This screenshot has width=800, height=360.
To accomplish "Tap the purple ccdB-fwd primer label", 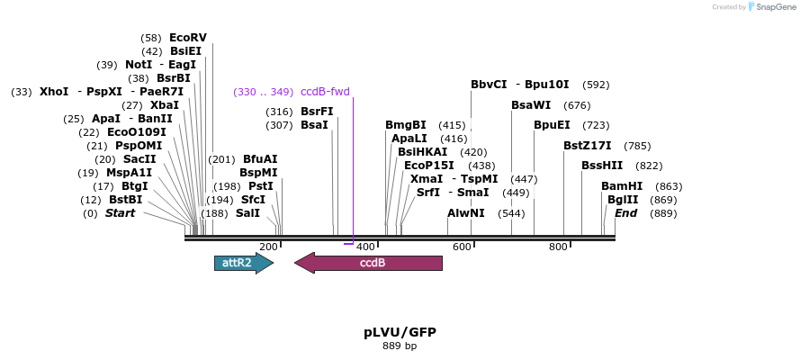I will [x=325, y=92].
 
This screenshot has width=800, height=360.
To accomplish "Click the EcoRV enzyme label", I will [x=187, y=38].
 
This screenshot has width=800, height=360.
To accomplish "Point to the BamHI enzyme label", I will [x=622, y=186].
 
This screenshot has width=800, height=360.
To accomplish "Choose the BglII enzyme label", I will [x=623, y=200].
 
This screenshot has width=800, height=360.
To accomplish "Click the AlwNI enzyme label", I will [x=466, y=213].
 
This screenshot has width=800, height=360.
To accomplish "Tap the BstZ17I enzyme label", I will [x=588, y=146].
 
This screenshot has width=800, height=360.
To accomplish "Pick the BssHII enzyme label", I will [x=602, y=166].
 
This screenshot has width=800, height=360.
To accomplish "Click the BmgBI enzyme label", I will [x=406, y=125].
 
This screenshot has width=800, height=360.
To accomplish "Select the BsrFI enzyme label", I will [x=317, y=112].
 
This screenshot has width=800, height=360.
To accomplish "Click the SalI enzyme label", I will [x=247, y=213].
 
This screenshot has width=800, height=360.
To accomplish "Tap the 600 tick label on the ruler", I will [x=462, y=247].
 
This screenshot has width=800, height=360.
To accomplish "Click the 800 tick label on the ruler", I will [x=558, y=247].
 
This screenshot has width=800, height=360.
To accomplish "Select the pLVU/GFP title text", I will [x=400, y=332].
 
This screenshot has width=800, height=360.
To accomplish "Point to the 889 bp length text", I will [x=400, y=346].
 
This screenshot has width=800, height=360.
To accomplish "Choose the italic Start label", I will [x=120, y=213].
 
